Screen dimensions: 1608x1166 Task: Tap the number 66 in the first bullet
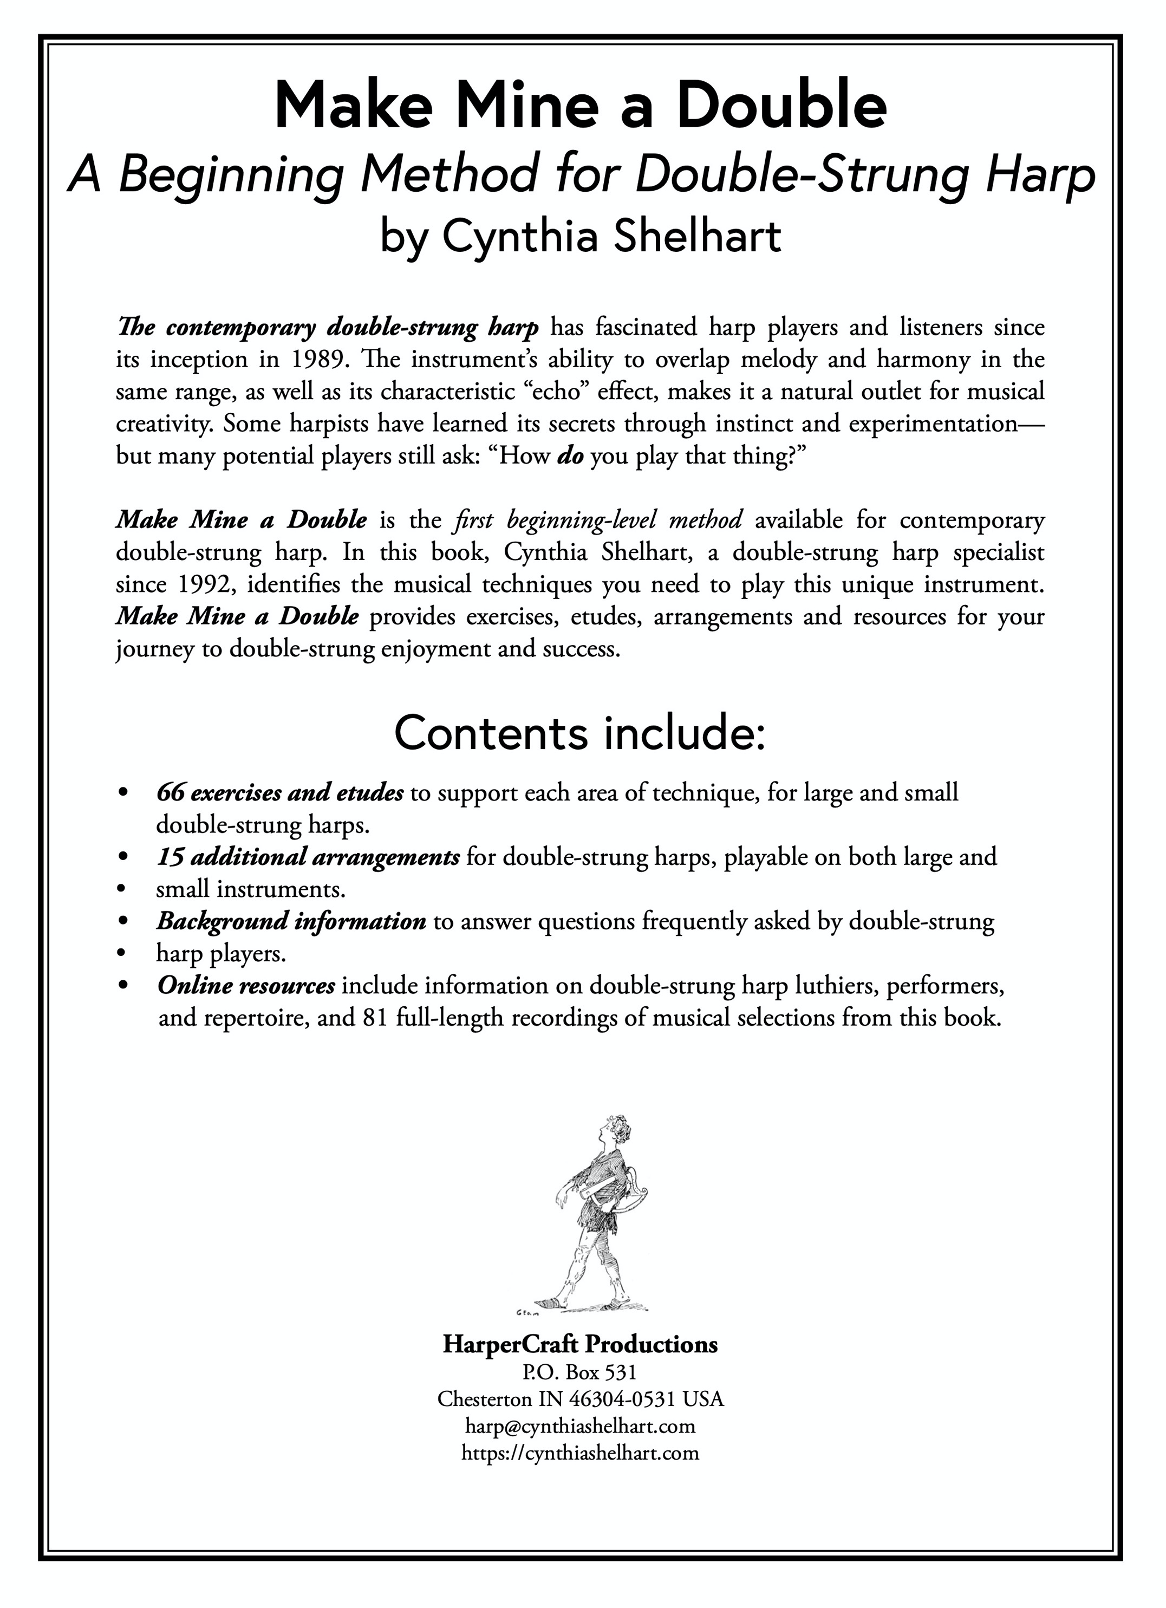pos(170,793)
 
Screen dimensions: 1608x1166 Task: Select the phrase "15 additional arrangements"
pos(308,857)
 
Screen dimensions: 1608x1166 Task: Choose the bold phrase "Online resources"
pos(246,986)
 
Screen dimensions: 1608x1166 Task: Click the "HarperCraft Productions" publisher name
pos(580,1344)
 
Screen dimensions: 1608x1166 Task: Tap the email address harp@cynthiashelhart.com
pos(580,1426)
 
